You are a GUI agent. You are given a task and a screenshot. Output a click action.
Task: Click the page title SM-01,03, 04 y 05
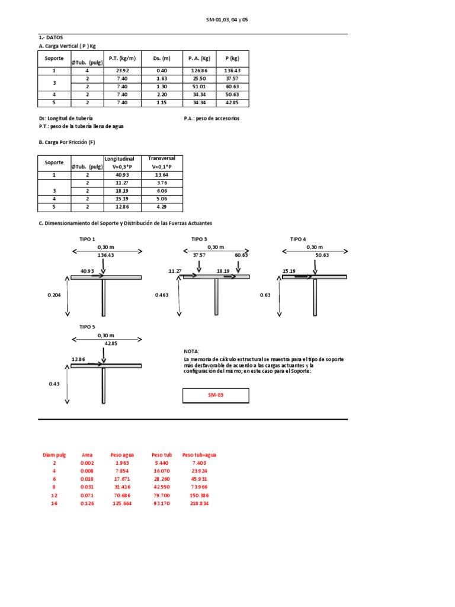coord(227,20)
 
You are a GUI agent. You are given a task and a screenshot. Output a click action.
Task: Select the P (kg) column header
coord(232,59)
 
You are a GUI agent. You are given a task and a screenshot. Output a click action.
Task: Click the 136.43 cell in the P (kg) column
coord(232,71)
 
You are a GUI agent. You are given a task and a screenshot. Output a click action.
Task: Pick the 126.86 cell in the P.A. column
coord(199,71)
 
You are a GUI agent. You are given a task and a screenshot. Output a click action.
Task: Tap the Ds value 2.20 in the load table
coord(162,94)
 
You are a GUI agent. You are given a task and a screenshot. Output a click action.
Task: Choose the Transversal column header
coord(162,158)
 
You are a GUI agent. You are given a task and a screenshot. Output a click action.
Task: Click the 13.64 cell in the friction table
coord(162,175)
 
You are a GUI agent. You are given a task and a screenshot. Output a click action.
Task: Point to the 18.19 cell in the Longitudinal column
coord(122,191)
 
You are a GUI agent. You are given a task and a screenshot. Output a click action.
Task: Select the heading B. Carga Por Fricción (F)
coord(67,142)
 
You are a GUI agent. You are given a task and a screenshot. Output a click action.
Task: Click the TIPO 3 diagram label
coord(199,239)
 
